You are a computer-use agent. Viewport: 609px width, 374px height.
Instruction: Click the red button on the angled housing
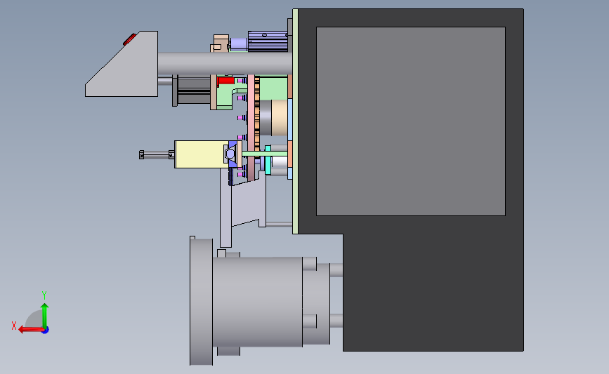[130, 39]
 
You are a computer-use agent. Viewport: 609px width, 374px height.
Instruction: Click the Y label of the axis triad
[44, 295]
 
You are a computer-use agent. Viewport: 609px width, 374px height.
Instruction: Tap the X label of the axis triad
[14, 326]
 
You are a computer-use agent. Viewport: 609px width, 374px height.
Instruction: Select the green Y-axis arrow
[45, 316]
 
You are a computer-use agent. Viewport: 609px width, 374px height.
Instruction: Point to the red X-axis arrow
[31, 330]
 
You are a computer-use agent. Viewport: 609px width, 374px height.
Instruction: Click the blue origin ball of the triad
[46, 330]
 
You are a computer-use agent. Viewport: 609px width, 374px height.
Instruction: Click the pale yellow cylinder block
[200, 154]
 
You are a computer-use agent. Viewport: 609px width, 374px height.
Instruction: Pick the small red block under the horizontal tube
[225, 81]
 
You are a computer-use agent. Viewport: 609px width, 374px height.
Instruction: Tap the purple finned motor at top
[268, 41]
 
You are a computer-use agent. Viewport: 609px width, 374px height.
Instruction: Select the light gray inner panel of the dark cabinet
[410, 121]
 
